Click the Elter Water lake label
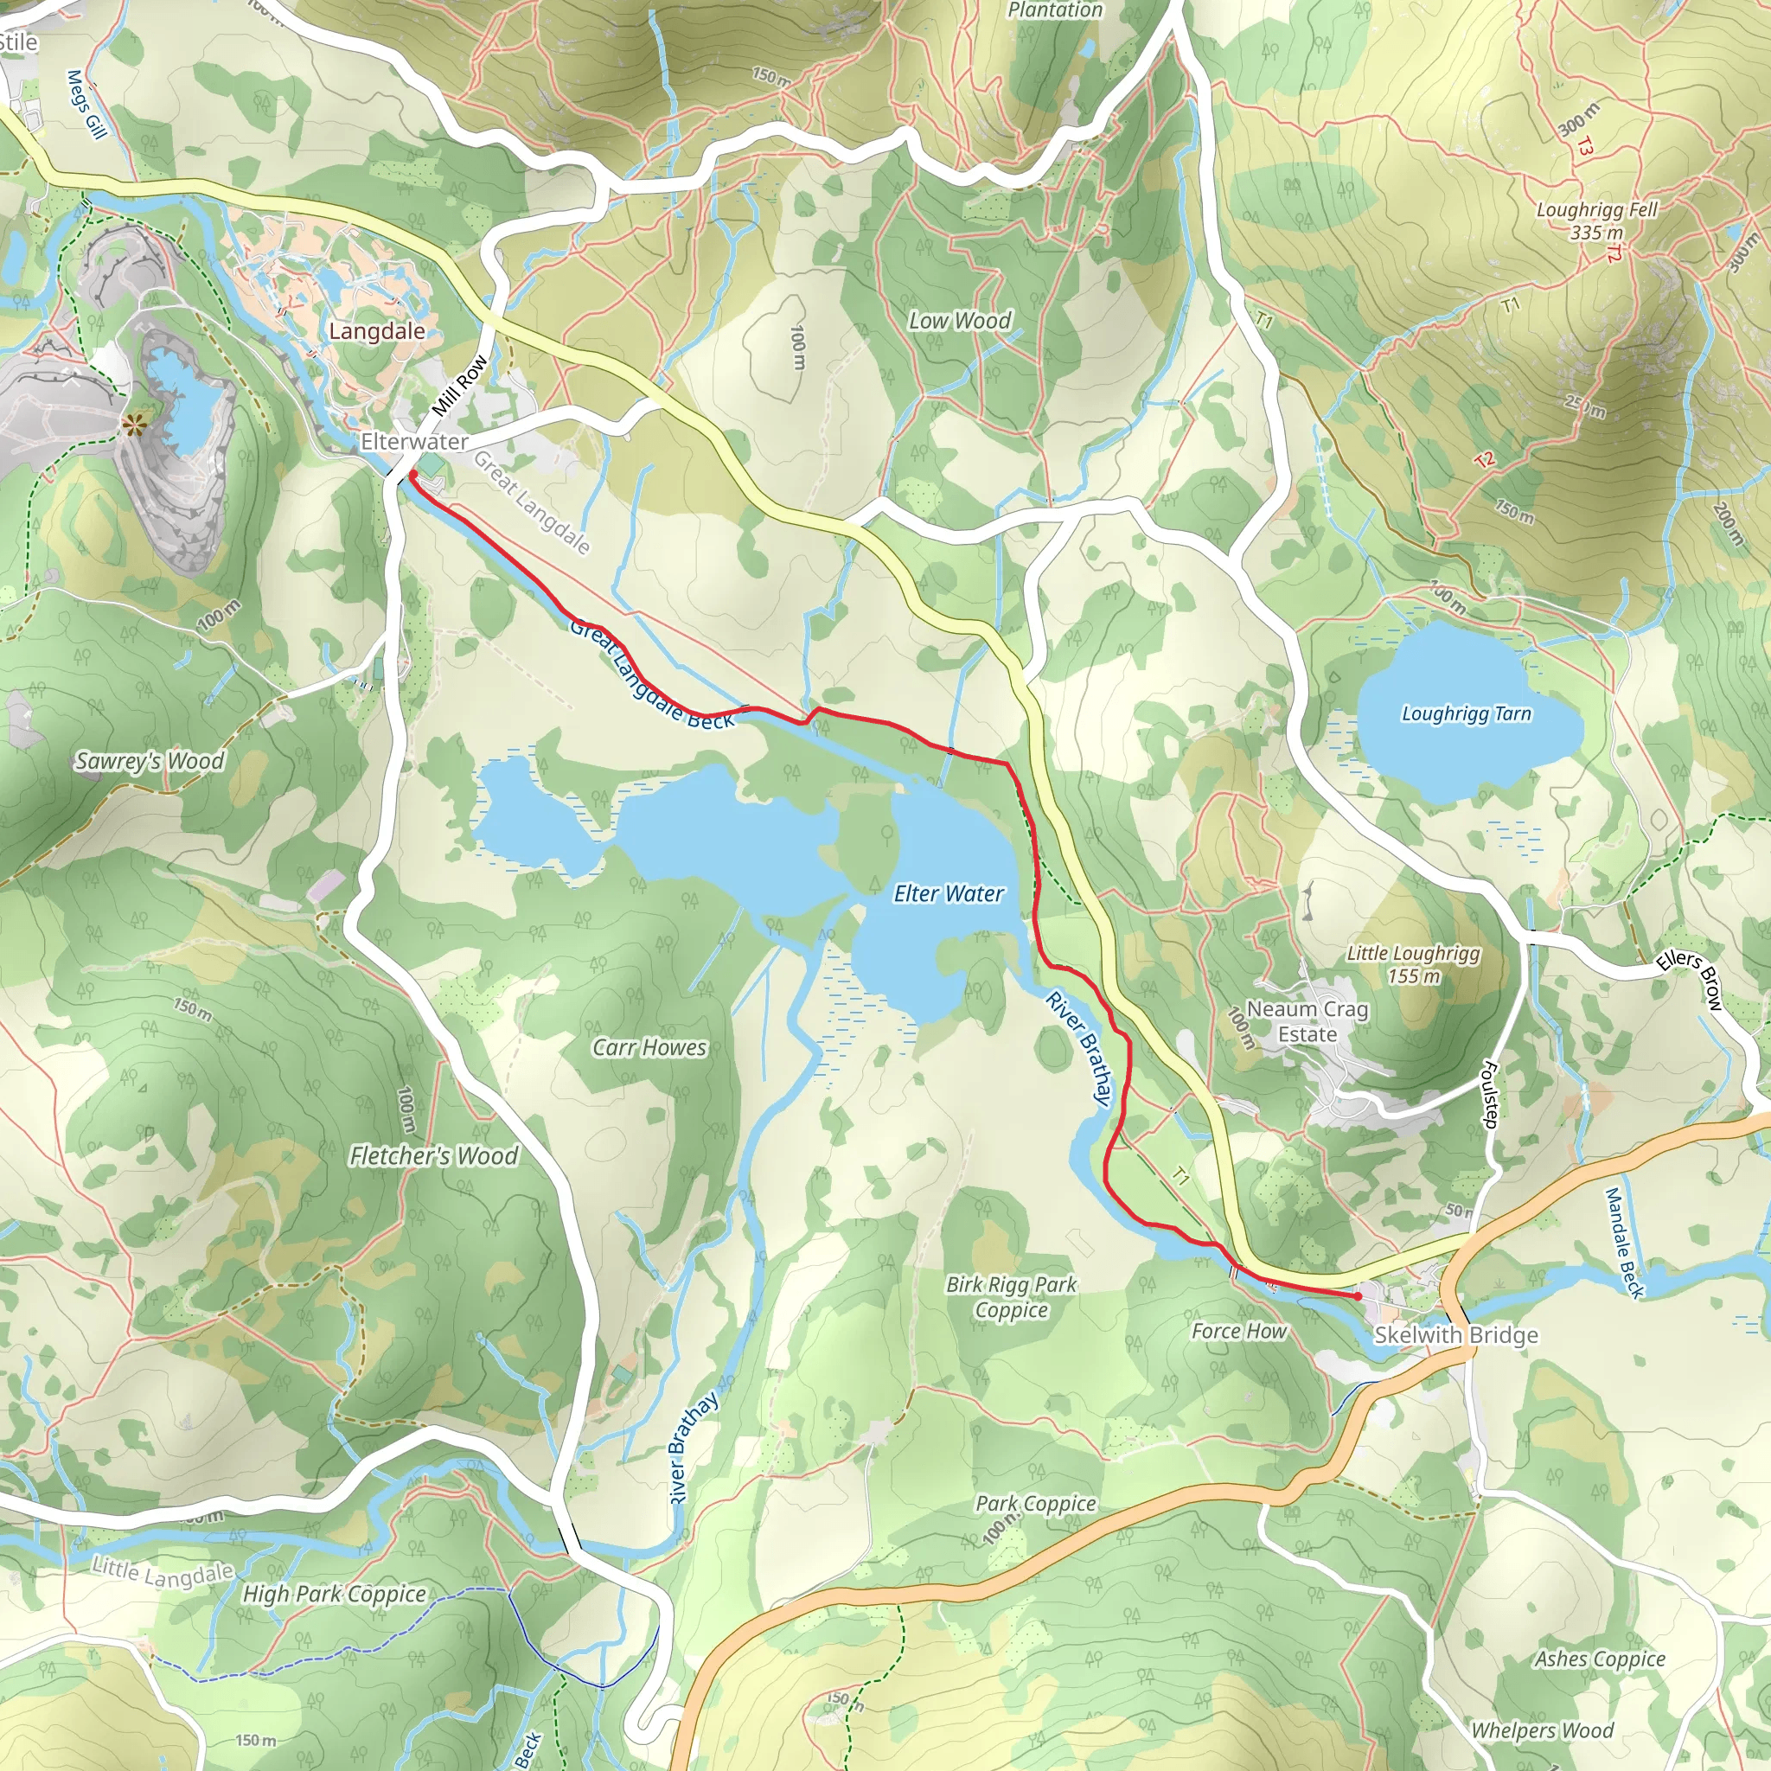948,894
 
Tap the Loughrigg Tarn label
1466,714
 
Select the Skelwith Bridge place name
1455,1335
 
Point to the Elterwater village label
414,442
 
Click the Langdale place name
377,332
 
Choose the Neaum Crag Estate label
1307,1021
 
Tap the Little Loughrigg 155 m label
1413,964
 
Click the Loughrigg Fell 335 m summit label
1597,221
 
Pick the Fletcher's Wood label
433,1156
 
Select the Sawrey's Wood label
150,761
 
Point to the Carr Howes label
649,1047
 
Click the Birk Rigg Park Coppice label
1011,1297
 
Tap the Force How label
1238,1331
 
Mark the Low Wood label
960,321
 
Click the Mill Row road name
460,385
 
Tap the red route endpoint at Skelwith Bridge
1358,1296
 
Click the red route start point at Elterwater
412,474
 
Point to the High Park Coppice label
334,1594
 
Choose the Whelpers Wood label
1542,1730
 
